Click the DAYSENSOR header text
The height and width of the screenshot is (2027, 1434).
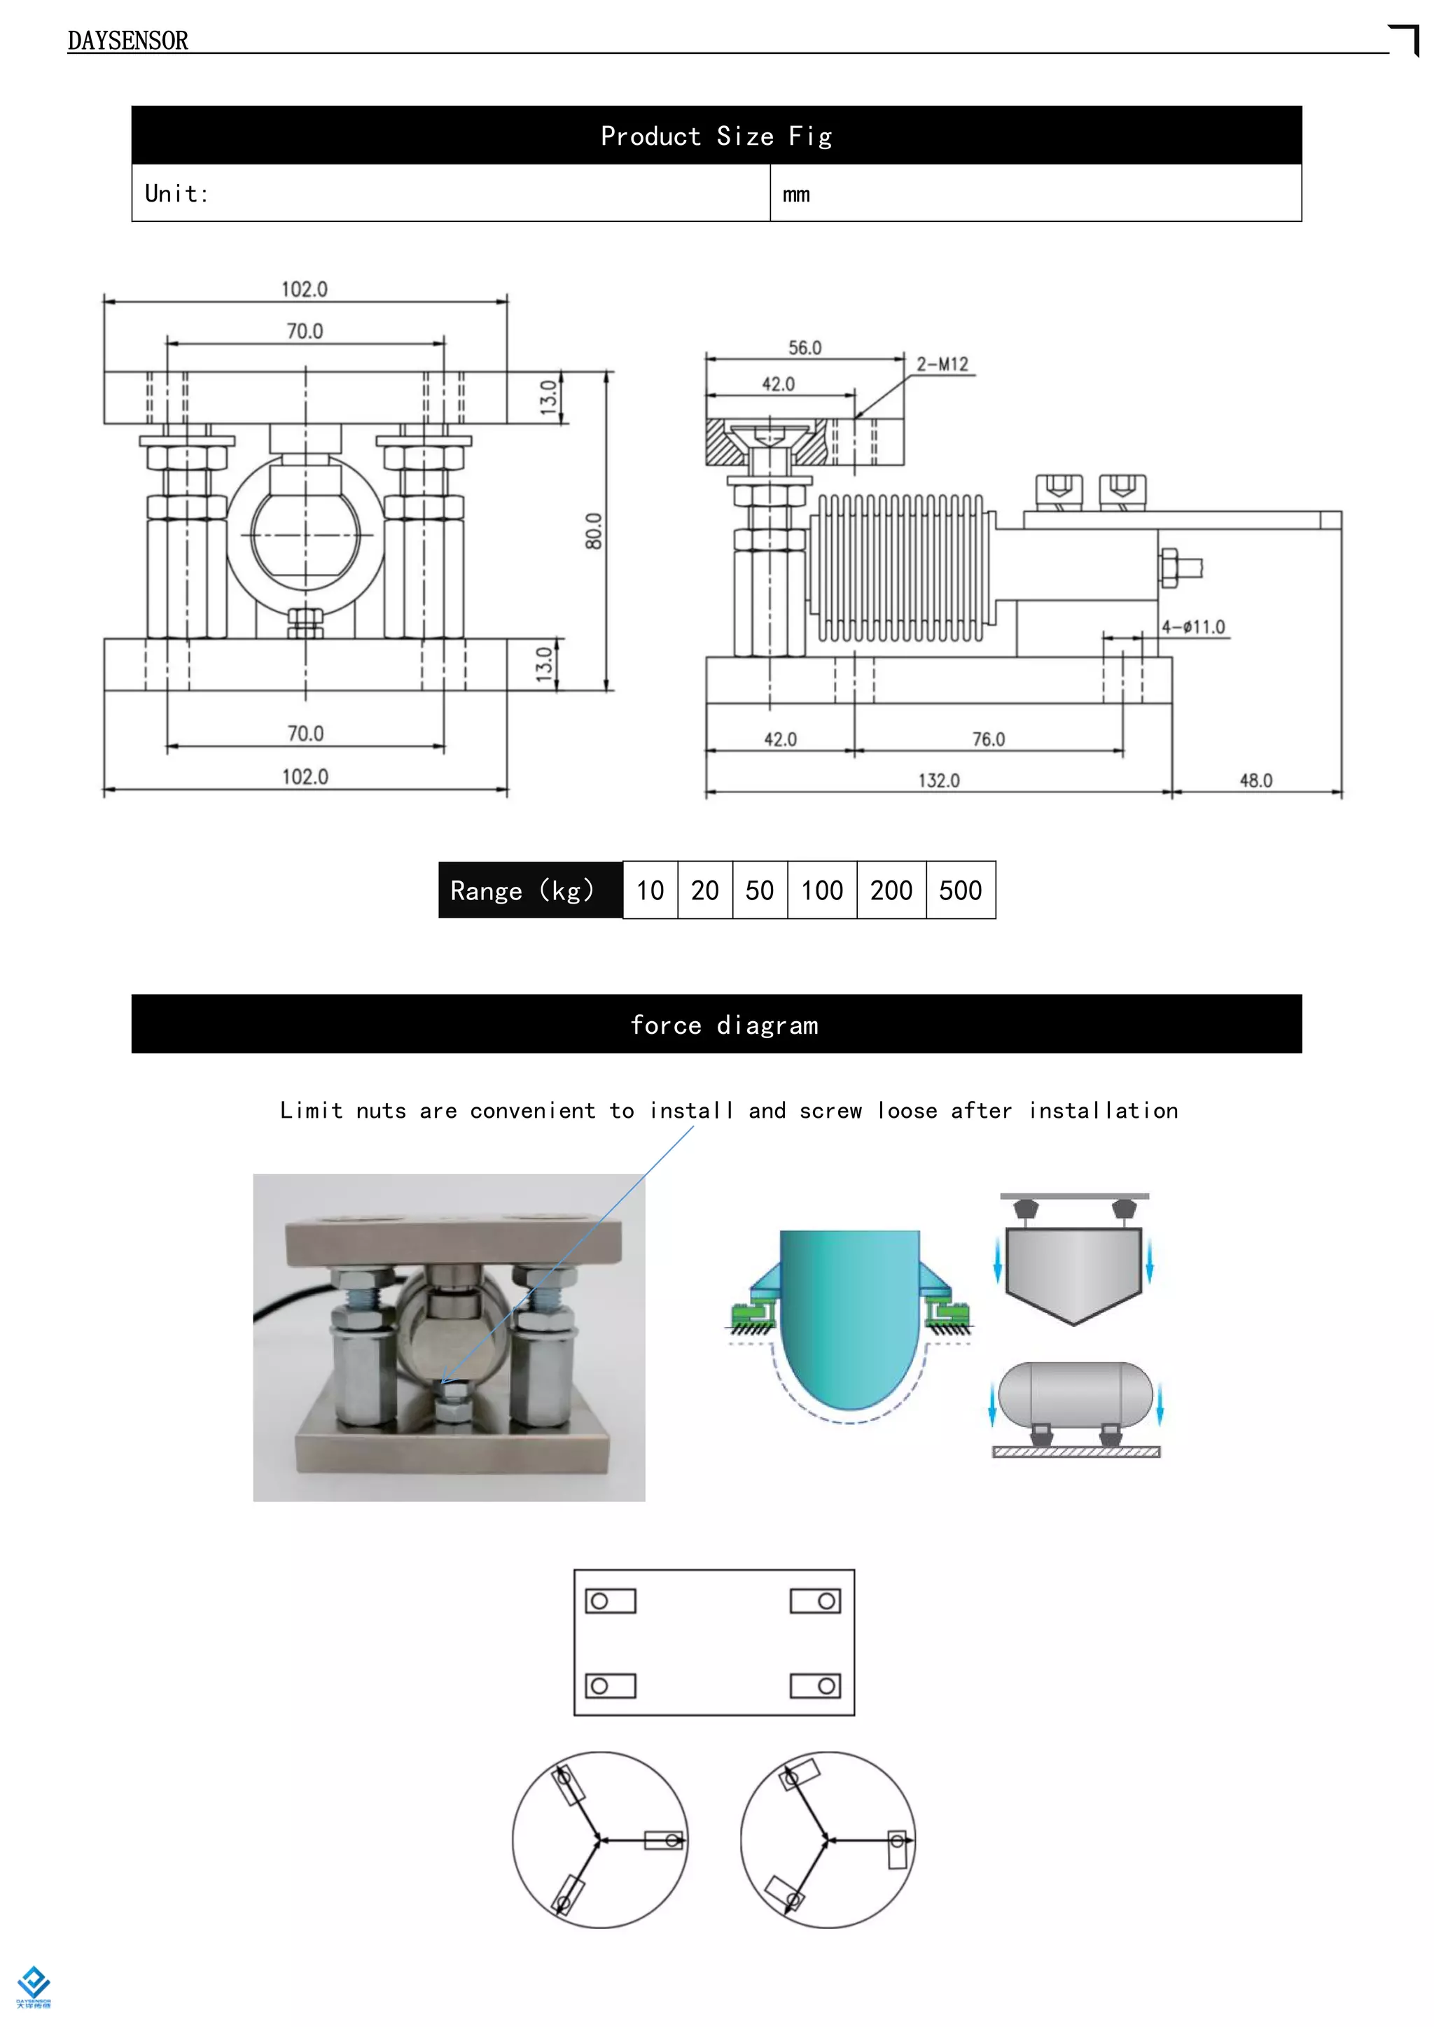coord(128,41)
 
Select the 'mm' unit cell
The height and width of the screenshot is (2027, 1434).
coord(795,194)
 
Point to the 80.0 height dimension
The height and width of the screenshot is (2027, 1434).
coord(593,531)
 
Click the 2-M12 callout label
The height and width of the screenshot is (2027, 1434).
coord(942,365)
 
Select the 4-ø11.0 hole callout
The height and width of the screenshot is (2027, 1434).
coord(1193,627)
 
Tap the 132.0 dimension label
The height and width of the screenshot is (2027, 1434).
coord(939,780)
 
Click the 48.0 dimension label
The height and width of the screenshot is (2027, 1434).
coord(1255,780)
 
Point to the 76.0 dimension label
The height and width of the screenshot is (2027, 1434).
coord(988,739)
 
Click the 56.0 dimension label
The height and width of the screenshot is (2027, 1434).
coord(805,348)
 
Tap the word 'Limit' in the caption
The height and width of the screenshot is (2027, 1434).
coord(311,1111)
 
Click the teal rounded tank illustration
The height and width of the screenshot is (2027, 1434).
coord(849,1315)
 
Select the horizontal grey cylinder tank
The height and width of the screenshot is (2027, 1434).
coord(1075,1395)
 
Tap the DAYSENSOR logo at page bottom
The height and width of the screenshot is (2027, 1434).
coord(34,1986)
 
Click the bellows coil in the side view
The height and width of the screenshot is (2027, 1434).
coord(900,567)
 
